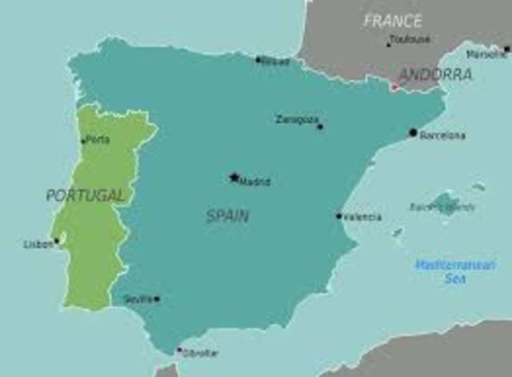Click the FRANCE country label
click(x=392, y=21)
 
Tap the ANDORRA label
click(x=435, y=74)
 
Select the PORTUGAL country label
click(x=86, y=195)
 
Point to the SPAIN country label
click(x=227, y=215)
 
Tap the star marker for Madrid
click(x=234, y=177)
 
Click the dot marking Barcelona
click(x=413, y=132)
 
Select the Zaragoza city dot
click(x=320, y=126)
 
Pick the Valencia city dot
click(x=338, y=215)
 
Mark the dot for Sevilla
click(x=157, y=299)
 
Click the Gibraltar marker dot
click(x=178, y=349)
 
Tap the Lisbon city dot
click(x=56, y=240)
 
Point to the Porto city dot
click(x=82, y=142)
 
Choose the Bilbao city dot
click(x=258, y=59)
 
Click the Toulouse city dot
click(x=389, y=45)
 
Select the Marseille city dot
click(x=506, y=49)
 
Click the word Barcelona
click(x=442, y=135)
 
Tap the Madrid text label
click(x=255, y=182)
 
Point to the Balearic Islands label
click(x=442, y=207)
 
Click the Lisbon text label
click(x=38, y=244)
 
